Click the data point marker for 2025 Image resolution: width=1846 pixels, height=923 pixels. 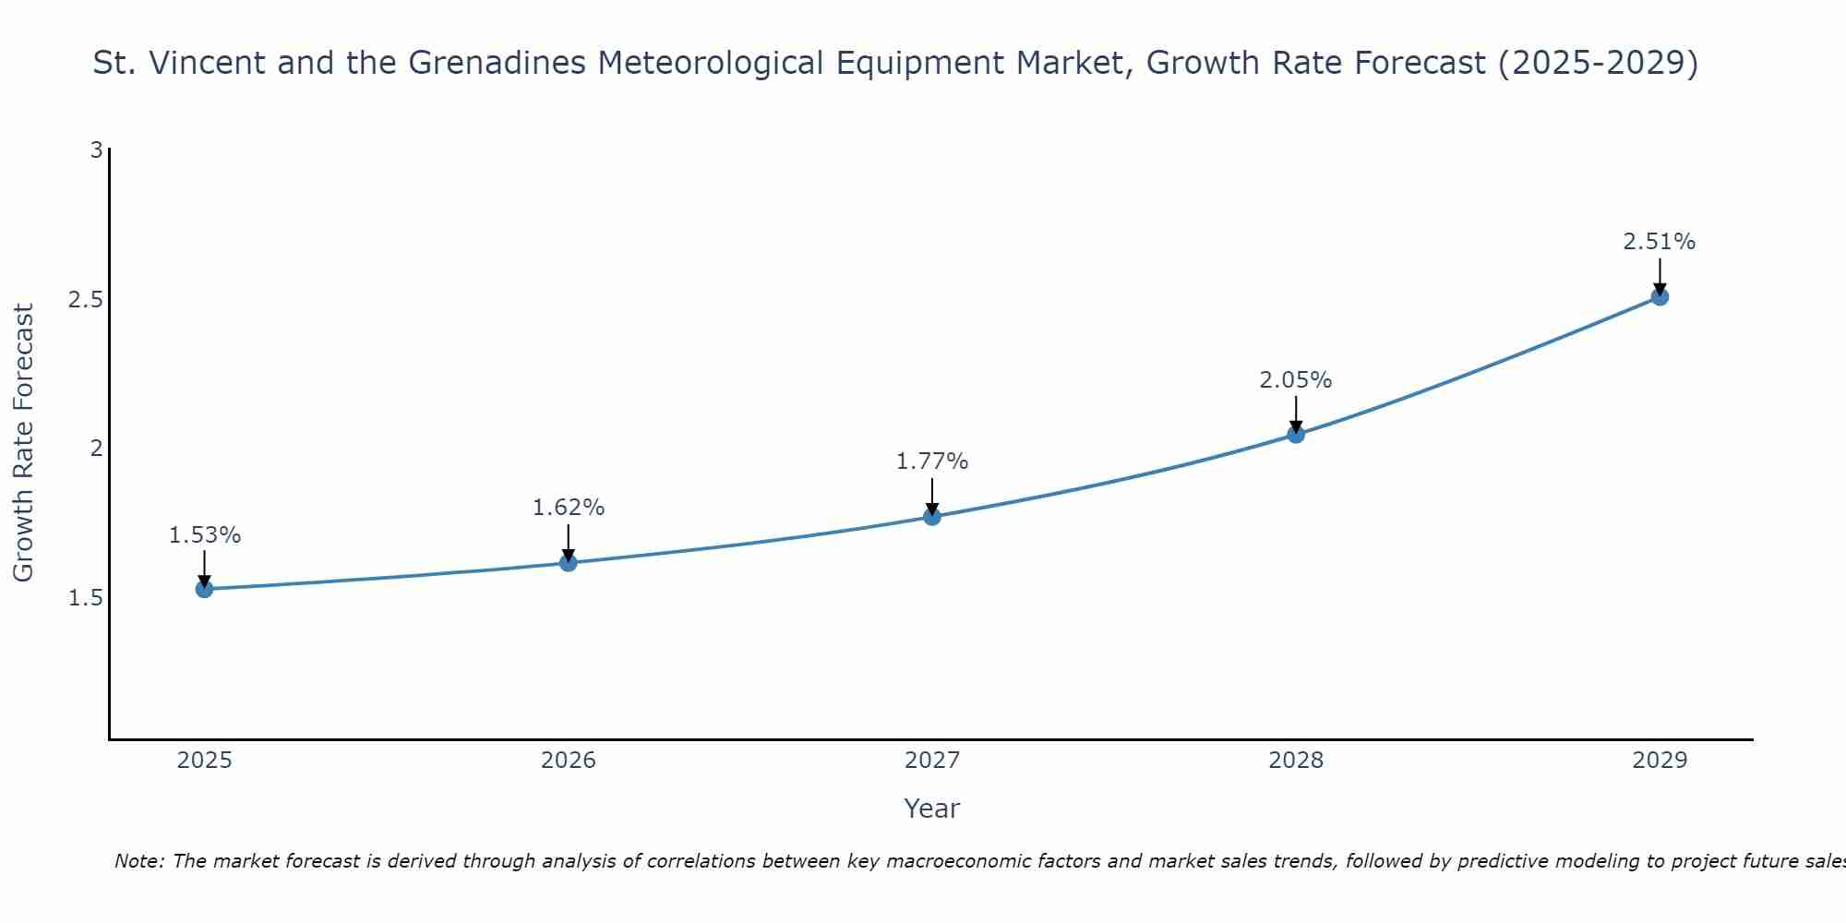point(204,589)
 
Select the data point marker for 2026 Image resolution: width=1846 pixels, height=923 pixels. point(568,562)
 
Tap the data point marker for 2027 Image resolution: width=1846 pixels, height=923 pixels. point(932,516)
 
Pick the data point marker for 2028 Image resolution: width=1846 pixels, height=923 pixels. point(1296,434)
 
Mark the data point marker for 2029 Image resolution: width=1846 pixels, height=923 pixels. point(1660,296)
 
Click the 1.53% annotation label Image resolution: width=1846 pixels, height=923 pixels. point(204,535)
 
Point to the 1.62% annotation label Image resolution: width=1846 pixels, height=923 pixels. point(568,508)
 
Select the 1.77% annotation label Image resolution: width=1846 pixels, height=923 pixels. point(932,461)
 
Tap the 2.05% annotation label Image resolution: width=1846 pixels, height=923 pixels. point(1296,380)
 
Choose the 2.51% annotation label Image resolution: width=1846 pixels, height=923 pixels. point(1660,242)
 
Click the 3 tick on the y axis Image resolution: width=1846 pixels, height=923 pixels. point(96,150)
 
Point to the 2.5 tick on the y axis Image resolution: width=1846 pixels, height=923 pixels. point(85,300)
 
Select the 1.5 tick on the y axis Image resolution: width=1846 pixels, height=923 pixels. point(85,598)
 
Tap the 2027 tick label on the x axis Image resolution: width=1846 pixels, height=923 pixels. point(932,761)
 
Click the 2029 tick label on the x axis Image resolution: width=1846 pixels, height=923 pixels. point(1660,761)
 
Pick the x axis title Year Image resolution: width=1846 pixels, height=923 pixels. point(932,809)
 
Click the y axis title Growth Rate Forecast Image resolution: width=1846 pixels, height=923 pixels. point(23,443)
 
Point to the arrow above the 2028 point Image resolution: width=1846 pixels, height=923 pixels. point(1296,414)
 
